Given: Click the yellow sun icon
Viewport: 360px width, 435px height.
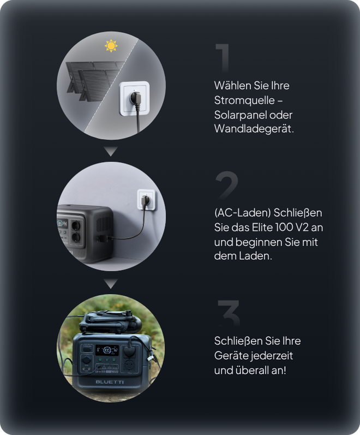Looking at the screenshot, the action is pos(111,46).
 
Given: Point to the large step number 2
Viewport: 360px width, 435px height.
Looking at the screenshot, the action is pos(226,185).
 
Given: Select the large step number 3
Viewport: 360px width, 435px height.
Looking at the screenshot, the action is pos(229,313).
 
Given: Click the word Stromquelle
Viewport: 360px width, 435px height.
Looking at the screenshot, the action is pos(244,100).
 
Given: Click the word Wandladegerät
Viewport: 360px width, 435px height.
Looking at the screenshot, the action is pos(254,129).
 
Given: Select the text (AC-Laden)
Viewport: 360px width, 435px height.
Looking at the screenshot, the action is pos(242,213).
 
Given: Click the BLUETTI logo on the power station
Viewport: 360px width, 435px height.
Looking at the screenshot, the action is pos(110,382).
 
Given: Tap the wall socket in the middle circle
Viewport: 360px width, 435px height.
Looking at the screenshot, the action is pos(146,199).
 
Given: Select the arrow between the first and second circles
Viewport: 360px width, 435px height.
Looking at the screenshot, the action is pos(111,151).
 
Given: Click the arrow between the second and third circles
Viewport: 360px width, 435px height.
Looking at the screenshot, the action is pos(111,283).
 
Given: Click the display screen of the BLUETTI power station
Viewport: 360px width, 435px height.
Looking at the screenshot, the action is pos(107,350).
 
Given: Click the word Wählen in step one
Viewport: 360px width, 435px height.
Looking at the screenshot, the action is pos(232,86).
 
